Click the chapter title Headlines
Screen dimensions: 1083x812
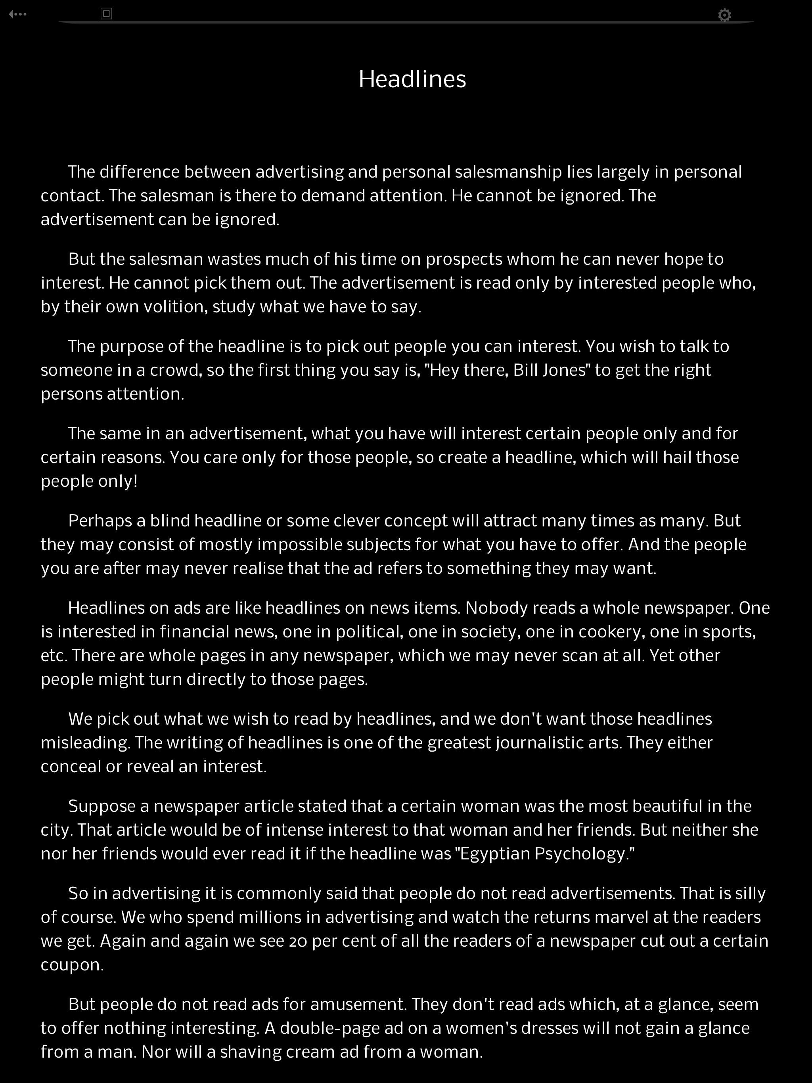point(412,79)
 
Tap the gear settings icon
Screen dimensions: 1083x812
point(724,15)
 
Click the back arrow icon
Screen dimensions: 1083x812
point(17,14)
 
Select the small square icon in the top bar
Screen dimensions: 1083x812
point(106,14)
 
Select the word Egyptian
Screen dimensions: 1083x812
point(495,854)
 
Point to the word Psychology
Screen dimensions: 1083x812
point(584,854)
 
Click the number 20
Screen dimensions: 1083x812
point(298,941)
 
